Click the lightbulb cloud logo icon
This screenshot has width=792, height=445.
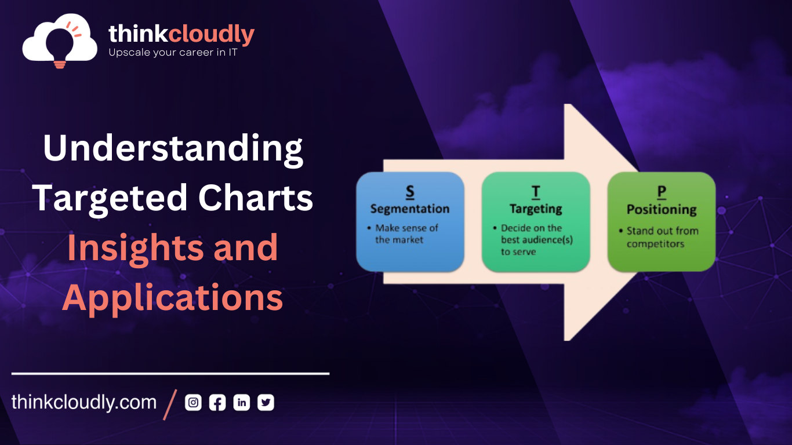coord(60,41)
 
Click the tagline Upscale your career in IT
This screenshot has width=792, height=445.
coord(173,53)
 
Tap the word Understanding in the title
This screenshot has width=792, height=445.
coord(173,148)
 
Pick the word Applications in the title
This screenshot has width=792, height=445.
coord(173,298)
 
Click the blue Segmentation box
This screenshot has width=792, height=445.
coord(410,221)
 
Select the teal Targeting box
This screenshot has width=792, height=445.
coord(536,221)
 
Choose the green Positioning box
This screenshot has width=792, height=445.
coord(662,221)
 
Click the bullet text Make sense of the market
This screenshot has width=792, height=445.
coord(406,234)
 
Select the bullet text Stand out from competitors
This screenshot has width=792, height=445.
coord(662,237)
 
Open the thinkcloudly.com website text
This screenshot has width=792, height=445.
coord(84,402)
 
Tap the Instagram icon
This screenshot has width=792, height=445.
coord(193,403)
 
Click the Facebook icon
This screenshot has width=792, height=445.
coord(217,403)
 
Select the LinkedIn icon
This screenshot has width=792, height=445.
coord(242,403)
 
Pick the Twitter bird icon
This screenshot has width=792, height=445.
coord(266,403)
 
